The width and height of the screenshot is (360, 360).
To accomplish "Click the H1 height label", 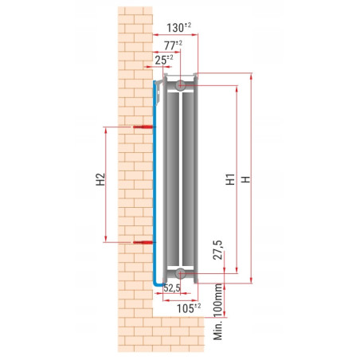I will (229, 181).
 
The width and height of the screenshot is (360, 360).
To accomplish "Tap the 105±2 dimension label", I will (187, 307).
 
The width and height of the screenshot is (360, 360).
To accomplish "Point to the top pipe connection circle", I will (182, 84).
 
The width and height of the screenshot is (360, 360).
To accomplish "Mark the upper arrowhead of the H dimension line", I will (252, 77).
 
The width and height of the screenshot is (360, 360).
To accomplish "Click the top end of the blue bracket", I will (155, 81).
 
